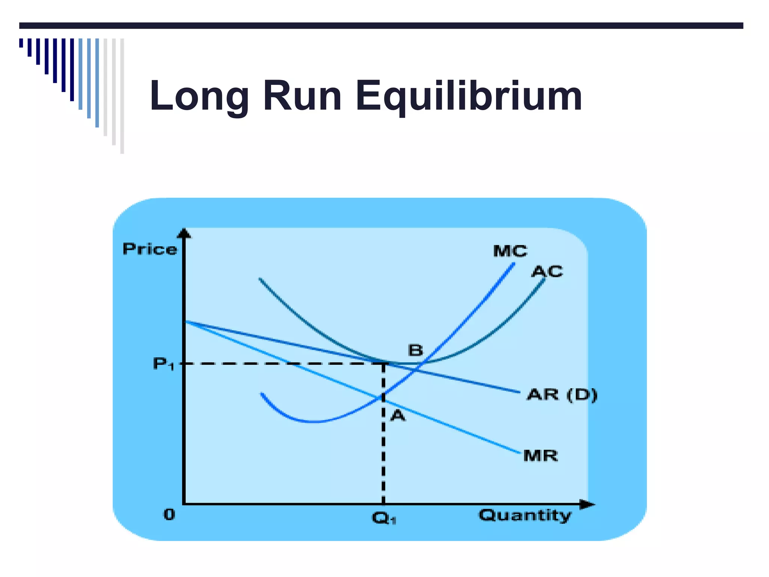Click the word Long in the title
[x=199, y=96]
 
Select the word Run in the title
[x=302, y=96]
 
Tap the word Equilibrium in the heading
[x=469, y=96]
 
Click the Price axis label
[x=150, y=249]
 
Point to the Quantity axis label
[x=525, y=515]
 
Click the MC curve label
[x=510, y=251]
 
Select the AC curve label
[x=547, y=272]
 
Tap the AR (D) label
[x=562, y=395]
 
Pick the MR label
[x=540, y=456]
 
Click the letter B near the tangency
[x=415, y=350]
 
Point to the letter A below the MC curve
[x=398, y=416]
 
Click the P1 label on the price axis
[x=164, y=364]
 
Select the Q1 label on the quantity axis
[x=384, y=519]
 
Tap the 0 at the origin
[x=169, y=515]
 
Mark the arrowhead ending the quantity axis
[x=588, y=504]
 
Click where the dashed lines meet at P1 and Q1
[x=383, y=364]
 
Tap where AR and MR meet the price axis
[x=185, y=321]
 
